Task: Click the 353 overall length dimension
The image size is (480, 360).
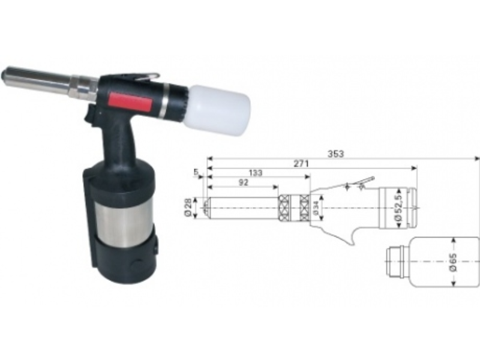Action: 336,154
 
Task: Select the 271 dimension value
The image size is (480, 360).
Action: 302,164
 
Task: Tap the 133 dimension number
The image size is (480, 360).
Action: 256,173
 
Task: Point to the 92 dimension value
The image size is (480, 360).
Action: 243,182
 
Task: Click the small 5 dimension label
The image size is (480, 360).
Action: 196,172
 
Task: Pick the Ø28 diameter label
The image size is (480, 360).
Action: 188,208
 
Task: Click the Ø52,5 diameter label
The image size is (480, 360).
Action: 398,207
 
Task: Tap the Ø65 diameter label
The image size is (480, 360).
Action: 454,262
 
